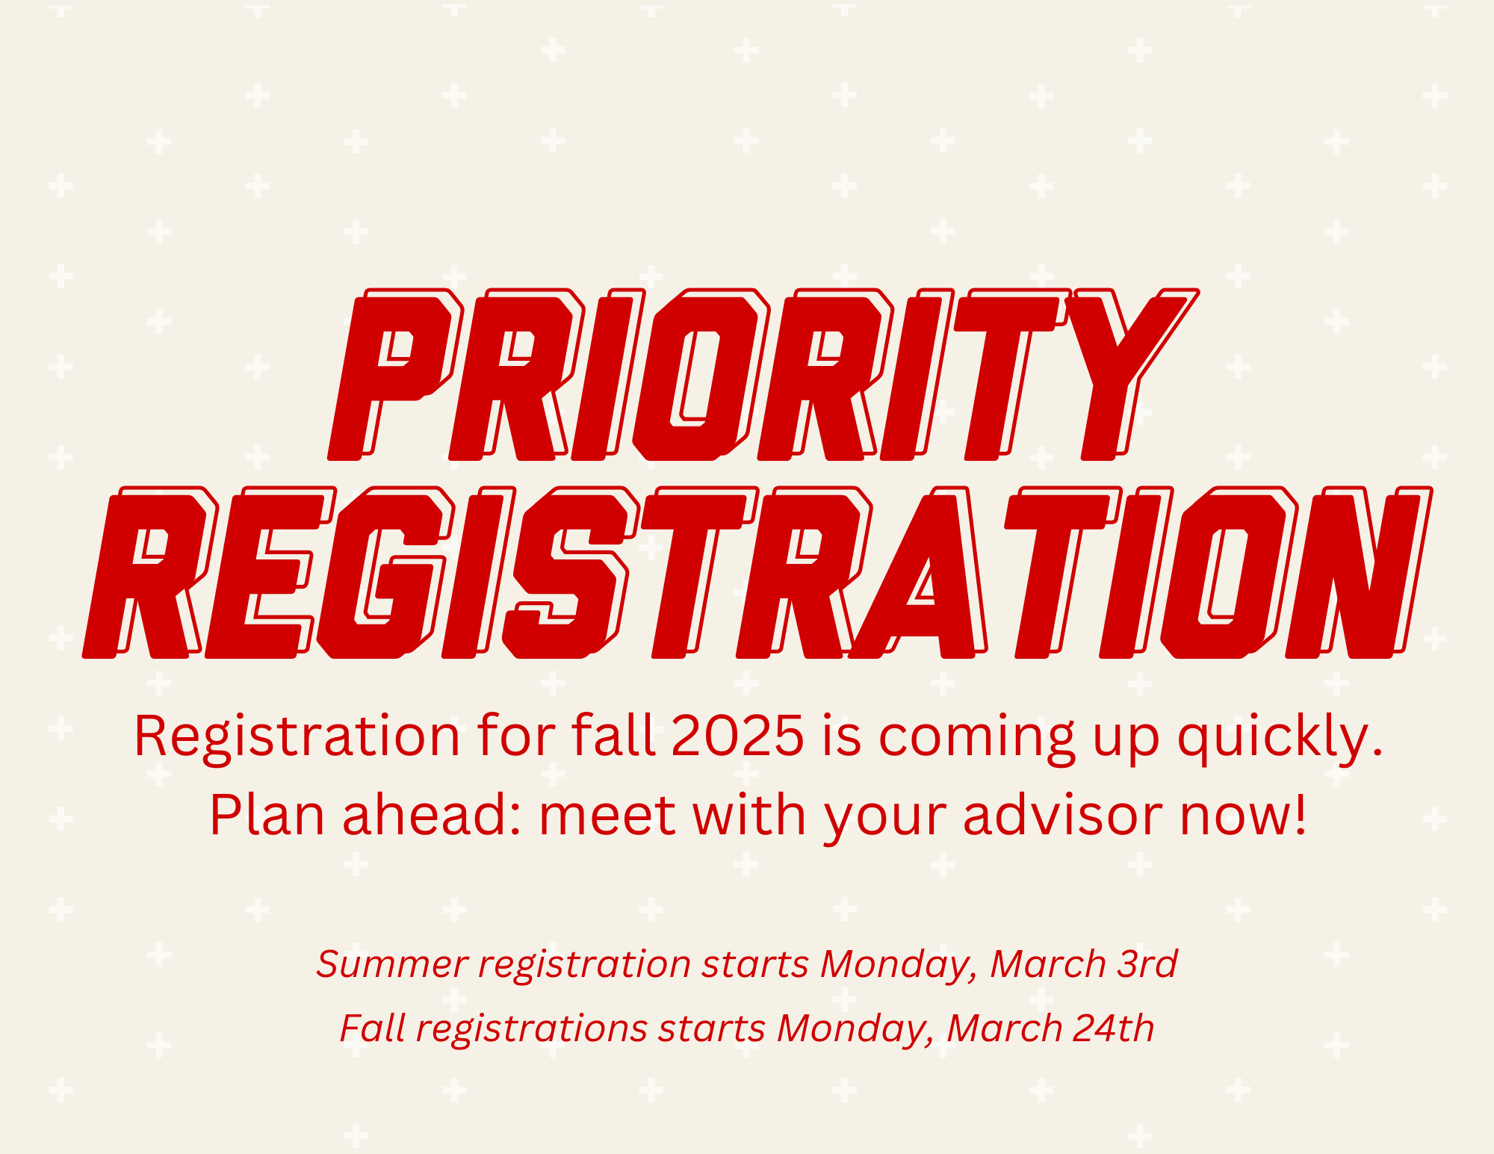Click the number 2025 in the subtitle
coord(737,736)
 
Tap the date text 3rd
coord(1147,964)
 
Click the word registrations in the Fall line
coord(531,1029)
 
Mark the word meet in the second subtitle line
coord(607,816)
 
